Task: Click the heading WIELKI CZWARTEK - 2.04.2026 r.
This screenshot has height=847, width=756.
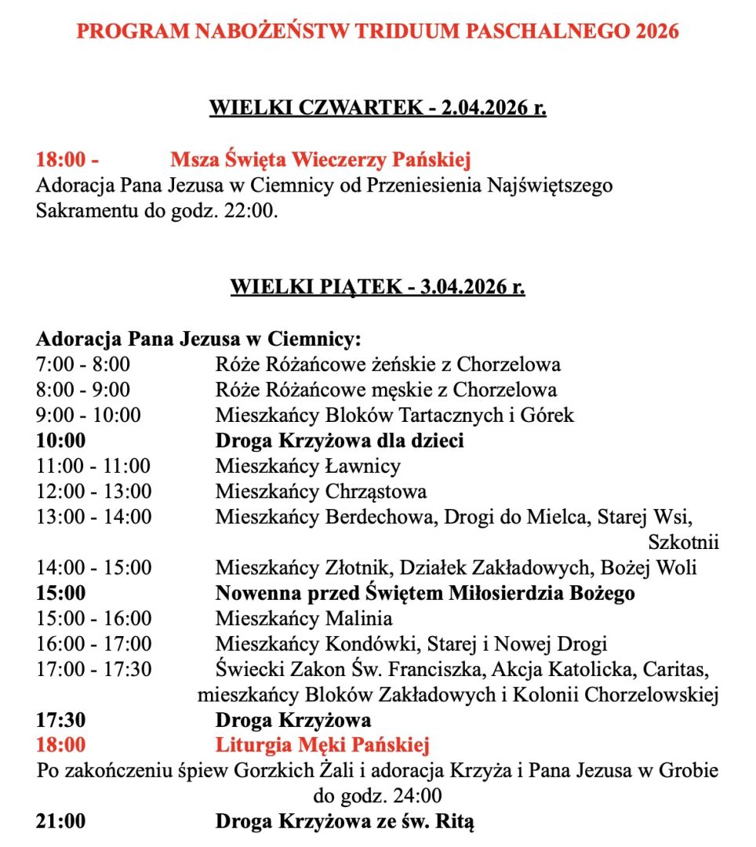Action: click(x=377, y=107)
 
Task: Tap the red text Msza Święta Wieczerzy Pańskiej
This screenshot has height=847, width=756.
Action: click(x=320, y=161)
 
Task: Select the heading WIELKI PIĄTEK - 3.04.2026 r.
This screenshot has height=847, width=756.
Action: click(x=377, y=287)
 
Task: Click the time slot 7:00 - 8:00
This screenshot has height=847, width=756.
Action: click(x=83, y=365)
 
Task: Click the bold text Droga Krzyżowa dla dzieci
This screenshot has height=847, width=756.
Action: click(x=340, y=441)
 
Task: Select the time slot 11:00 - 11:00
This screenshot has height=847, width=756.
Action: click(x=93, y=466)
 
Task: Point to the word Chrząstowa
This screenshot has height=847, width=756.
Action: click(x=376, y=492)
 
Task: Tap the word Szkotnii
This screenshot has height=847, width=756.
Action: click(x=683, y=542)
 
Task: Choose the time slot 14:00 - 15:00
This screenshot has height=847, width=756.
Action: click(x=93, y=567)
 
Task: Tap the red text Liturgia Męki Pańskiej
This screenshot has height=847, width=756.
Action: click(x=322, y=745)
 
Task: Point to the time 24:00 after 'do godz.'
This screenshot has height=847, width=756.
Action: click(x=419, y=796)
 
